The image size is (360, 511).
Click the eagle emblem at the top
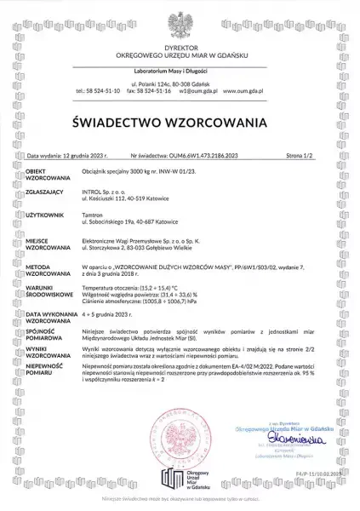coord(180,22)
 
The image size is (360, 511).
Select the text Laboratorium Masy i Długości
coord(180,68)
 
